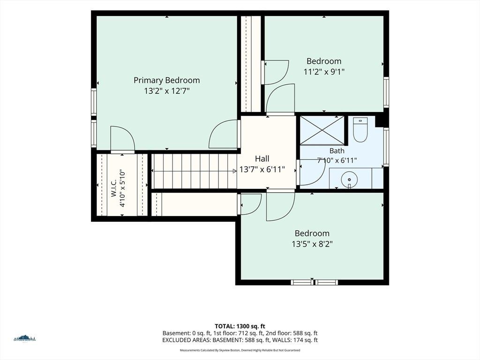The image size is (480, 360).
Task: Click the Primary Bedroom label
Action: tap(166, 80)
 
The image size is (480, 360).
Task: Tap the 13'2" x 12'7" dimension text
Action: tap(167, 91)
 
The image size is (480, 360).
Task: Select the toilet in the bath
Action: tap(360, 130)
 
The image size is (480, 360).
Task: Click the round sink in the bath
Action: tap(349, 179)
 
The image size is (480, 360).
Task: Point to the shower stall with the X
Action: tap(322, 130)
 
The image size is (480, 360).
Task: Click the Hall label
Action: tap(262, 158)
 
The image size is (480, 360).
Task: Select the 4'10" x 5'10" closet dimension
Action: tap(122, 188)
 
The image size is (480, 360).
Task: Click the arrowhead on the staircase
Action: tap(234, 171)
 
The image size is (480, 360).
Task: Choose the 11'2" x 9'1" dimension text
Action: tap(324, 72)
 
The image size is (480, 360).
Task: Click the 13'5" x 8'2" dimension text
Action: tap(312, 244)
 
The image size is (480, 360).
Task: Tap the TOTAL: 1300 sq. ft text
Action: tap(240, 326)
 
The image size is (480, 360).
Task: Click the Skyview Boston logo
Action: tap(25, 337)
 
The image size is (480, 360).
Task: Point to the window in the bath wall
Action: tap(386, 147)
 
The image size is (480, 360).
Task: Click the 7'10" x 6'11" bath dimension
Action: tap(337, 160)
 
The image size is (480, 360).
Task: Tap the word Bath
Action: tap(337, 151)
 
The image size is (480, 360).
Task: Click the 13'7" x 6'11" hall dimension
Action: tap(262, 169)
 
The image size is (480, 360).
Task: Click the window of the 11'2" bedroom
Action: tap(386, 92)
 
